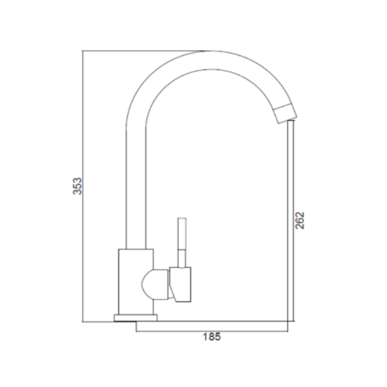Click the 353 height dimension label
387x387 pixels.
pyautogui.click(x=77, y=186)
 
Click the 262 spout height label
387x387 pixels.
pyautogui.click(x=300, y=221)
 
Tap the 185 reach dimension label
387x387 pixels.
pyautogui.click(x=212, y=337)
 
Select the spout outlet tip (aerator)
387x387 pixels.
pyautogui.click(x=286, y=114)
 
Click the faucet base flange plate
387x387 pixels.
pyautogui.click(x=136, y=318)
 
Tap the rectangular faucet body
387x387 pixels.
pyautogui.click(x=136, y=282)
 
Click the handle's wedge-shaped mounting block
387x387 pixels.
pyautogui.click(x=180, y=285)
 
